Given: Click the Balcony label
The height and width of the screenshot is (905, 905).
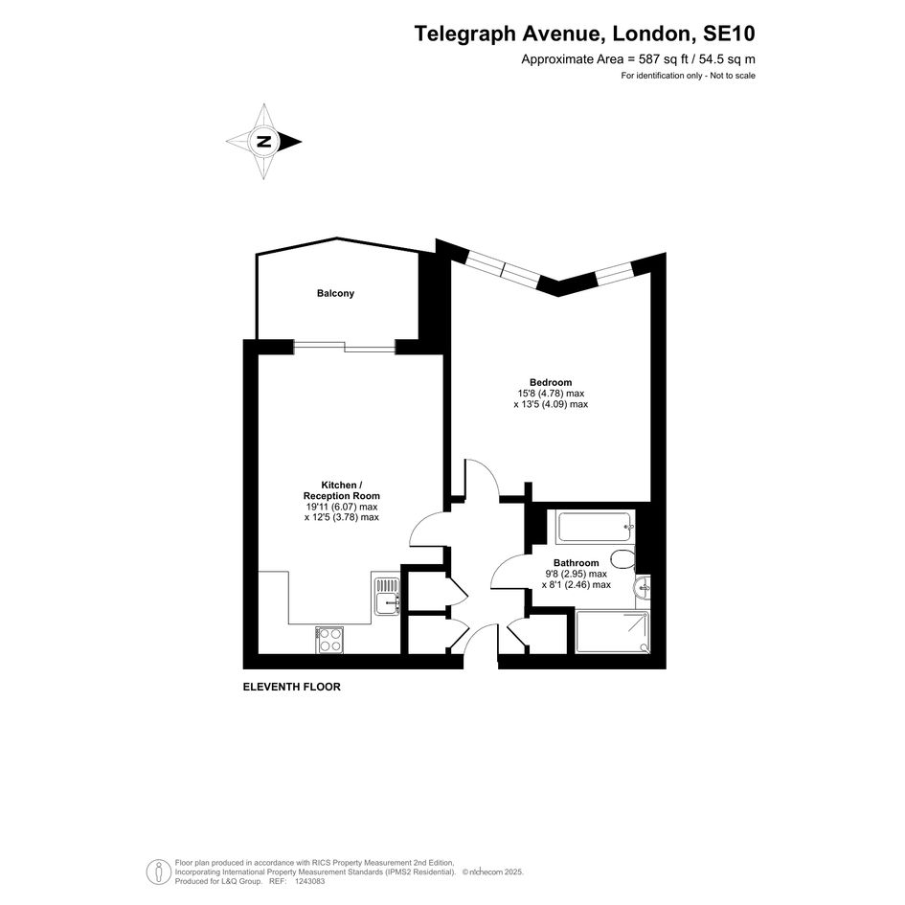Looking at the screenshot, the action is click(335, 293).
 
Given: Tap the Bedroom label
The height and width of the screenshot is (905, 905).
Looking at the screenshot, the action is click(551, 382).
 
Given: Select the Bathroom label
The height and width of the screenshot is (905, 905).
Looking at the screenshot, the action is click(576, 563).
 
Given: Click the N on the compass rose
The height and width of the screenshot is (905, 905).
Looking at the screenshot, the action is click(263, 142).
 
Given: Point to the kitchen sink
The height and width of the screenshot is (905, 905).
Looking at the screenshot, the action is click(387, 597).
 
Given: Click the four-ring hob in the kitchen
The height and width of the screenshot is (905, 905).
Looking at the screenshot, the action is click(329, 640).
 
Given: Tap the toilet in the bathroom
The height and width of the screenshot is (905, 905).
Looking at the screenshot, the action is click(622, 559).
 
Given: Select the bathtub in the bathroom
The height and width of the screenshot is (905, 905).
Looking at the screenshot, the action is click(595, 527).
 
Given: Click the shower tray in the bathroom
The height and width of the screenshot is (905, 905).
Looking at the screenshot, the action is click(612, 632).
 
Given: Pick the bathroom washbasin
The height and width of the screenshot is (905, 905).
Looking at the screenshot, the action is click(643, 589).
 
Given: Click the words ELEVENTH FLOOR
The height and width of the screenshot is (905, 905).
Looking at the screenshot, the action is click(291, 687).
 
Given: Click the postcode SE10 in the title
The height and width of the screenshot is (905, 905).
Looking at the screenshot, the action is click(729, 34).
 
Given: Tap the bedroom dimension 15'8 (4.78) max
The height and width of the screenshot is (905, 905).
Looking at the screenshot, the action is click(551, 393).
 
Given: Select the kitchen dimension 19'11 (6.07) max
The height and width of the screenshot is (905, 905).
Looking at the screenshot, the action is click(342, 507).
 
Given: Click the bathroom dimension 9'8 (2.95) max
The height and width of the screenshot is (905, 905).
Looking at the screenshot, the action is click(576, 574).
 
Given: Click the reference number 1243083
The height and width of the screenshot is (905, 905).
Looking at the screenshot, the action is click(310, 881).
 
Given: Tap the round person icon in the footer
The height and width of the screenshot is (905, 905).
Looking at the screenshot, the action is click(158, 872).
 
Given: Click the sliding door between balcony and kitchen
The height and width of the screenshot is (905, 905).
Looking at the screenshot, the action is click(345, 347).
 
